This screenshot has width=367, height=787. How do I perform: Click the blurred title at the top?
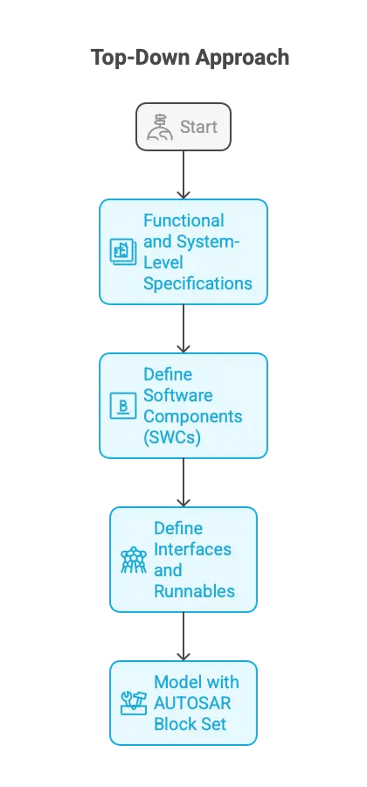[x=189, y=59]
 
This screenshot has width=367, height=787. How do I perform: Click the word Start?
[x=198, y=128]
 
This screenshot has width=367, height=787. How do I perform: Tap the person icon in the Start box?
[x=159, y=128]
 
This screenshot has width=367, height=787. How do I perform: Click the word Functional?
[x=183, y=220]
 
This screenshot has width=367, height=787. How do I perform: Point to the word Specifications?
[x=197, y=283]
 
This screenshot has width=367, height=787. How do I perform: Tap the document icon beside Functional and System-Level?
[x=121, y=252]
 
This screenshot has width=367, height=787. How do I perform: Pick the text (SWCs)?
[x=172, y=437]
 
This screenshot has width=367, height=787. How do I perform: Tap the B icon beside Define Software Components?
[x=121, y=406]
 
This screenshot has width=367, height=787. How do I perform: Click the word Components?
[x=193, y=416]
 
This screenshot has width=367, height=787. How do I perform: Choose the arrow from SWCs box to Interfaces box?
[x=183, y=482]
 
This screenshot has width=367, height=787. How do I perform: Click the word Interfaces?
[x=192, y=549]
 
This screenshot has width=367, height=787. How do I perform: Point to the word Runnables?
[x=194, y=591]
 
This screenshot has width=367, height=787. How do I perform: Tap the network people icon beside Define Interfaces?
[x=133, y=560]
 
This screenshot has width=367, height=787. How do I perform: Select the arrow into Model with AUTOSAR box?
[x=183, y=636]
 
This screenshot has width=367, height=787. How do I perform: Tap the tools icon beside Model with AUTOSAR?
[x=133, y=703]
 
